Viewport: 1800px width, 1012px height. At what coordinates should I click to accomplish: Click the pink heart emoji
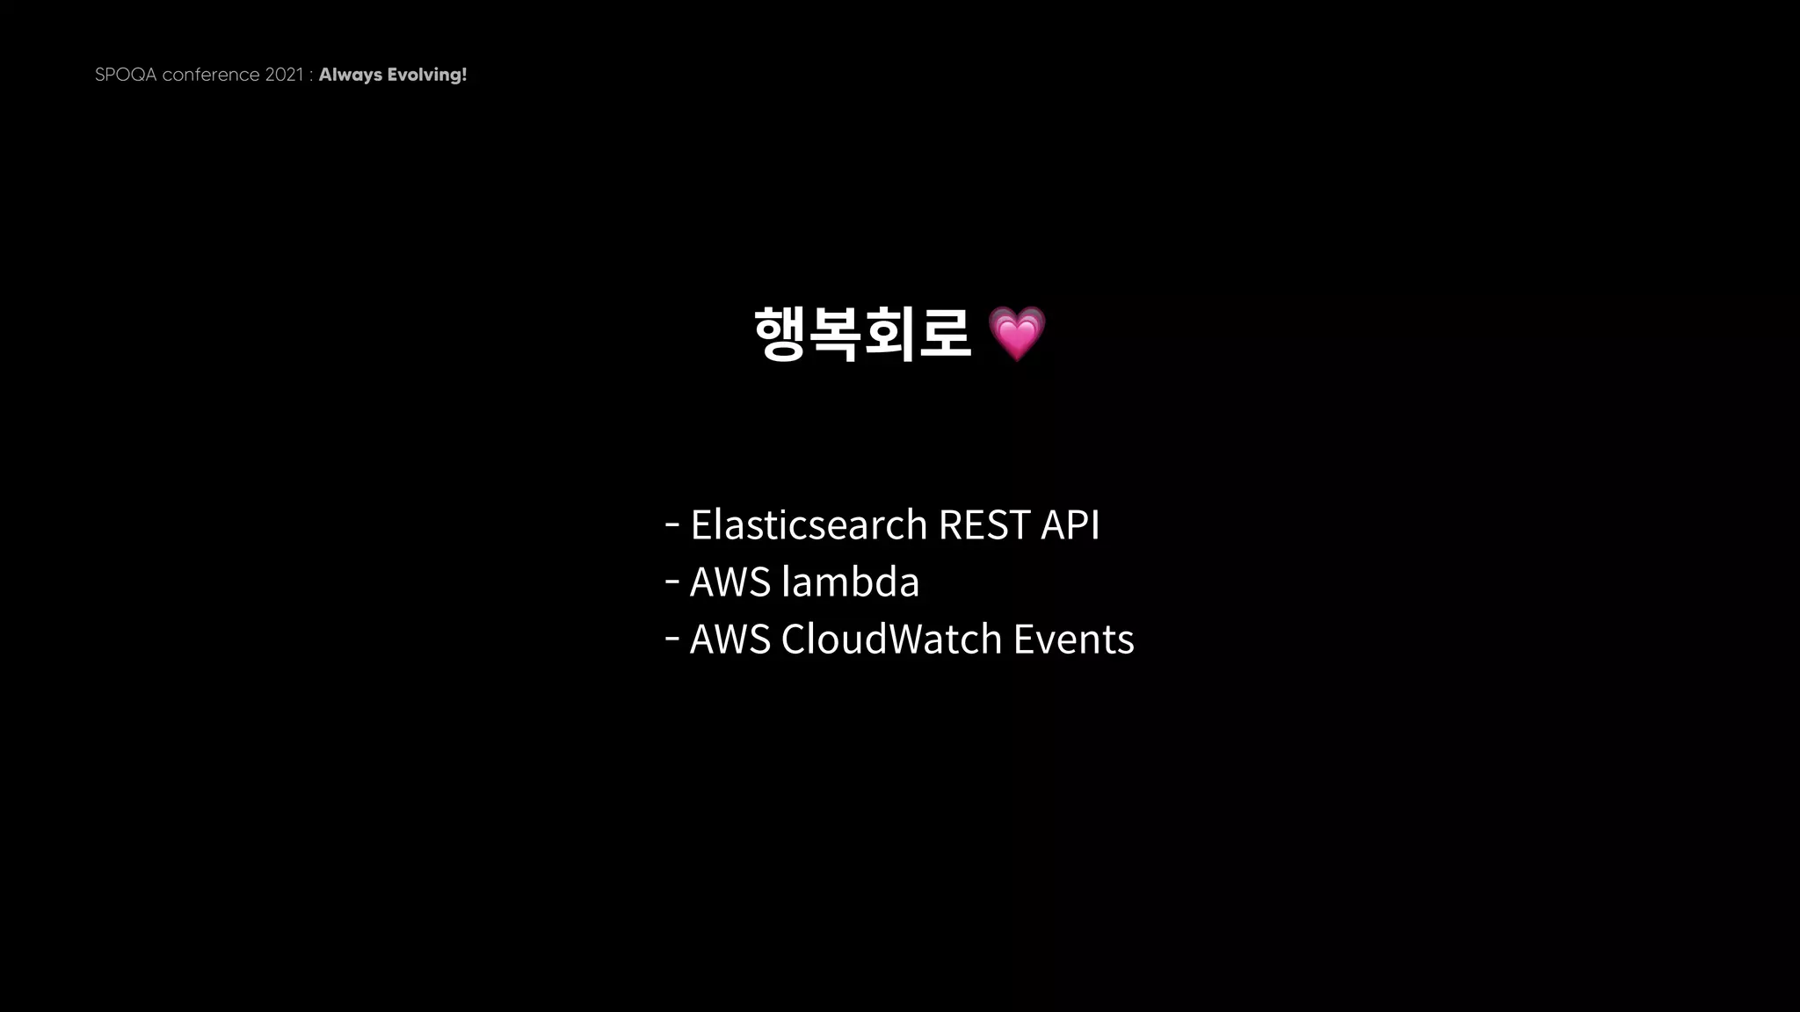pos(1017,334)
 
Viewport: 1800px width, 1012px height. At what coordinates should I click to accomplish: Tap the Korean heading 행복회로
pos(862,334)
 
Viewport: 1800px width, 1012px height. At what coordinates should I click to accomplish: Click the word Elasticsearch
pos(809,524)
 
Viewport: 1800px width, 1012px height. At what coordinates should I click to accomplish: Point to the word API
pos(1070,524)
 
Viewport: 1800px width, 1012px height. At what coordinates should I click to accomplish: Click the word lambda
pos(850,582)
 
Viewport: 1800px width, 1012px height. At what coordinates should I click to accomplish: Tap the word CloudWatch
pos(891,639)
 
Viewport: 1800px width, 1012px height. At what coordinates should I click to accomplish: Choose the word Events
pos(1073,639)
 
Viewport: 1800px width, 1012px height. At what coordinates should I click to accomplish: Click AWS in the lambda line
pos(730,582)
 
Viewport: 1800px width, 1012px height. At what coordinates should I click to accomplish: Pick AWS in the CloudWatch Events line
pos(730,639)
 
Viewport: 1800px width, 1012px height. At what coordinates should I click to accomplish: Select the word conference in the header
pos(211,75)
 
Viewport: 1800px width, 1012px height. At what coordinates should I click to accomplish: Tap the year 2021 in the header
pos(284,75)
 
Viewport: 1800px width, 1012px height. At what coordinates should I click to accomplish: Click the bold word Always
pos(351,75)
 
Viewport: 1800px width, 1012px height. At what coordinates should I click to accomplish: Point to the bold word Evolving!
pos(427,75)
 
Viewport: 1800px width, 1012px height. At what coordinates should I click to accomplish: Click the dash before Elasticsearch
pos(672,524)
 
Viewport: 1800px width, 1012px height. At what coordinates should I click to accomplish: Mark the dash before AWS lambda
pos(672,582)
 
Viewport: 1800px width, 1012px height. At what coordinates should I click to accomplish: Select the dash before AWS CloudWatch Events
pos(672,639)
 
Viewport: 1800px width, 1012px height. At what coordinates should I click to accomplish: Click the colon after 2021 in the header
pos(311,76)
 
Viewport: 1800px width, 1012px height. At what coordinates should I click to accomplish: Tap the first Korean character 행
pos(780,334)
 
